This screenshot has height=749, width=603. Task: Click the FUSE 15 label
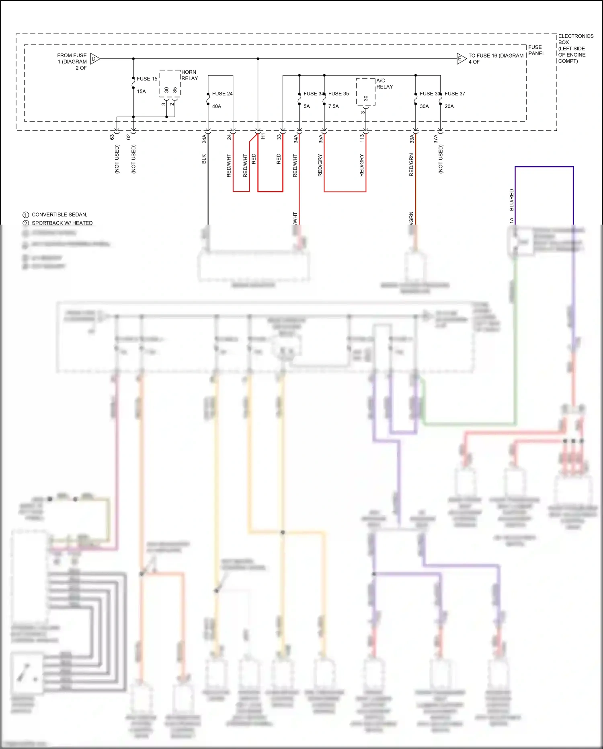pyautogui.click(x=147, y=79)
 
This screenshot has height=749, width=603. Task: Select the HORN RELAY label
pyautogui.click(x=189, y=75)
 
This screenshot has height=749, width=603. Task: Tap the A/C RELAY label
pyautogui.click(x=384, y=84)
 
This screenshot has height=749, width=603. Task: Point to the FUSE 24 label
pyautogui.click(x=222, y=94)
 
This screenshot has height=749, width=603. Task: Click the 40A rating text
pyautogui.click(x=217, y=107)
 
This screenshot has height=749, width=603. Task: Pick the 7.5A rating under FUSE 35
pyautogui.click(x=333, y=107)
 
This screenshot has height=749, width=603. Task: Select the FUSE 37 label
pyautogui.click(x=455, y=94)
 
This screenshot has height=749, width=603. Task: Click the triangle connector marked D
pyautogui.click(x=94, y=59)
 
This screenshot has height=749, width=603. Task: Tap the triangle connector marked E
pyautogui.click(x=461, y=59)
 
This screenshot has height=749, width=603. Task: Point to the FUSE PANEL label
pyautogui.click(x=536, y=50)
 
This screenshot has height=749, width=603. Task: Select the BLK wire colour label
pyautogui.click(x=204, y=159)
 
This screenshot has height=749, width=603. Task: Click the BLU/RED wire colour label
pyautogui.click(x=511, y=200)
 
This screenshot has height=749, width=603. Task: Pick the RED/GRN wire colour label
pyautogui.click(x=411, y=165)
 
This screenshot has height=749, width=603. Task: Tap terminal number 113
pyautogui.click(x=362, y=138)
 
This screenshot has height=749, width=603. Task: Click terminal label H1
pyautogui.click(x=263, y=137)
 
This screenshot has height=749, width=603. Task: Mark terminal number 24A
pyautogui.click(x=204, y=139)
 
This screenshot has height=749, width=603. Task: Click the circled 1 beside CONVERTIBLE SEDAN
pyautogui.click(x=26, y=215)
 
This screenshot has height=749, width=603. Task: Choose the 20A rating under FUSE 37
pyautogui.click(x=449, y=107)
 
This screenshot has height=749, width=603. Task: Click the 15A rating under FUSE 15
pyautogui.click(x=142, y=92)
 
